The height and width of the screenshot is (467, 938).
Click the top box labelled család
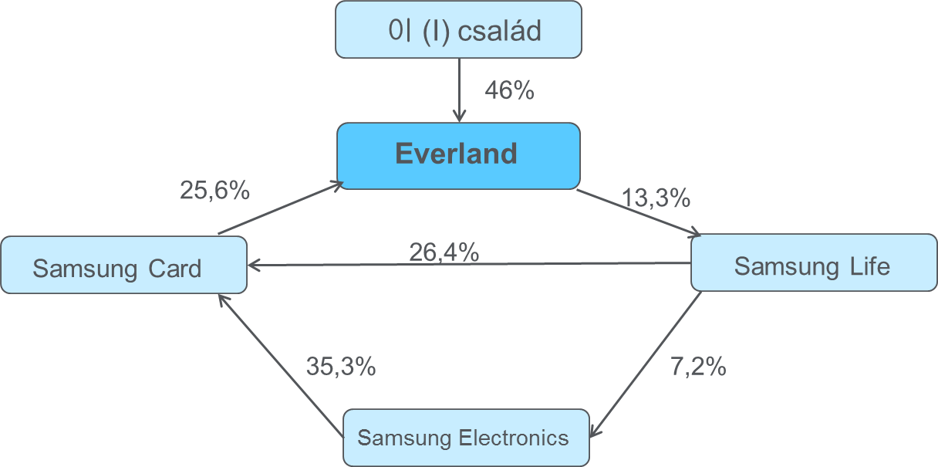coord(458,30)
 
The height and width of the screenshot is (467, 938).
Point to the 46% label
coord(509,90)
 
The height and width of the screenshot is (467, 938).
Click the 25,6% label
coord(214,190)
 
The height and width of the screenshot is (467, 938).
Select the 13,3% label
coord(656,199)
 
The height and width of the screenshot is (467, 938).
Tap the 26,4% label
coord(444,252)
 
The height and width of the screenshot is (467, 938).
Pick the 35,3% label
coord(340,366)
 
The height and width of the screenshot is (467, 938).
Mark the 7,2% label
coord(698,366)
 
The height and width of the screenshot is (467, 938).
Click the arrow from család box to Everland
coord(459,90)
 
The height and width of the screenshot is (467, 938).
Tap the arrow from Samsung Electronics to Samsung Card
coord(281,364)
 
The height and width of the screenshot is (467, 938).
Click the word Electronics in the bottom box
coord(513,438)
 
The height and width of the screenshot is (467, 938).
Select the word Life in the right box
coord(870,266)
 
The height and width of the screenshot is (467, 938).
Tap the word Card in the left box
coord(173,269)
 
